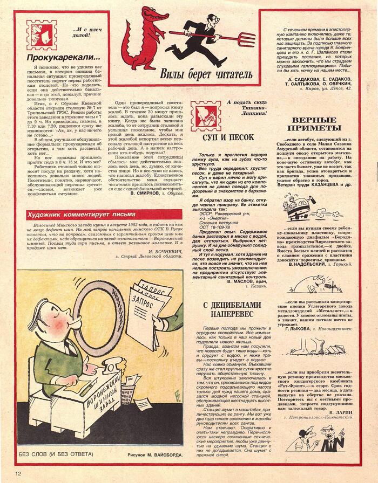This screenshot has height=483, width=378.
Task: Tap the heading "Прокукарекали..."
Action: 63,57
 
